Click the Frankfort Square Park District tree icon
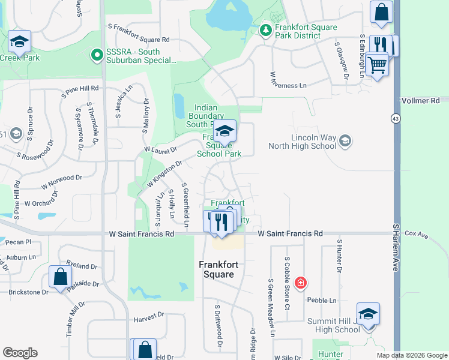click(265, 29)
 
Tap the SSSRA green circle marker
click(96, 56)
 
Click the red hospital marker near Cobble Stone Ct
click(301, 283)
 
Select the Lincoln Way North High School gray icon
click(345, 141)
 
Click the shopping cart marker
click(377, 64)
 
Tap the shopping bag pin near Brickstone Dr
click(60, 278)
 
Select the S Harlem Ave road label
click(396, 248)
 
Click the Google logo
click(20, 353)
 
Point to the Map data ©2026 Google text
click(411, 355)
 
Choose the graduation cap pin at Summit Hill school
click(368, 314)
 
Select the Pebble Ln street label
click(322, 300)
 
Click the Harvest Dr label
click(149, 315)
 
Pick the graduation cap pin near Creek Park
click(20, 42)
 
